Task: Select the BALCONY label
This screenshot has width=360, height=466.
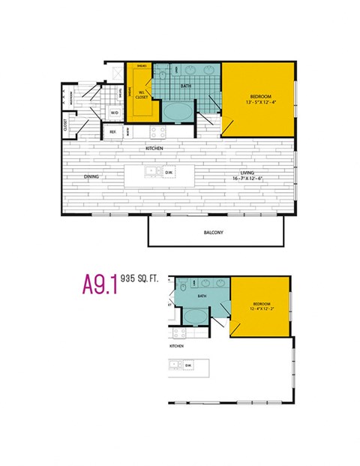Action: pyautogui.click(x=214, y=233)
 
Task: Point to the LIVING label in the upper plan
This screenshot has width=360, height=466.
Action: pyautogui.click(x=247, y=173)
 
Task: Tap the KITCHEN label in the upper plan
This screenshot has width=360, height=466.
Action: pyautogui.click(x=155, y=149)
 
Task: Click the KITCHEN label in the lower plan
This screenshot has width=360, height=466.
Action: pyautogui.click(x=177, y=347)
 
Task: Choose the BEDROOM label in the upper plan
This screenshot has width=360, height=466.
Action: pyautogui.click(x=259, y=97)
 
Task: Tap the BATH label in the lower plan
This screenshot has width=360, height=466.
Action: pyautogui.click(x=202, y=296)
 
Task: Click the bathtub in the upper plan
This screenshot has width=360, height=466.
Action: pyautogui.click(x=178, y=113)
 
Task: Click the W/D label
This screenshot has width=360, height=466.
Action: pyautogui.click(x=115, y=113)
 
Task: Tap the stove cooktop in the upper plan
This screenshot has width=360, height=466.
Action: pyautogui.click(x=157, y=132)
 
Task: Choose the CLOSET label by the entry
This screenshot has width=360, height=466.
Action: pyautogui.click(x=66, y=125)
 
